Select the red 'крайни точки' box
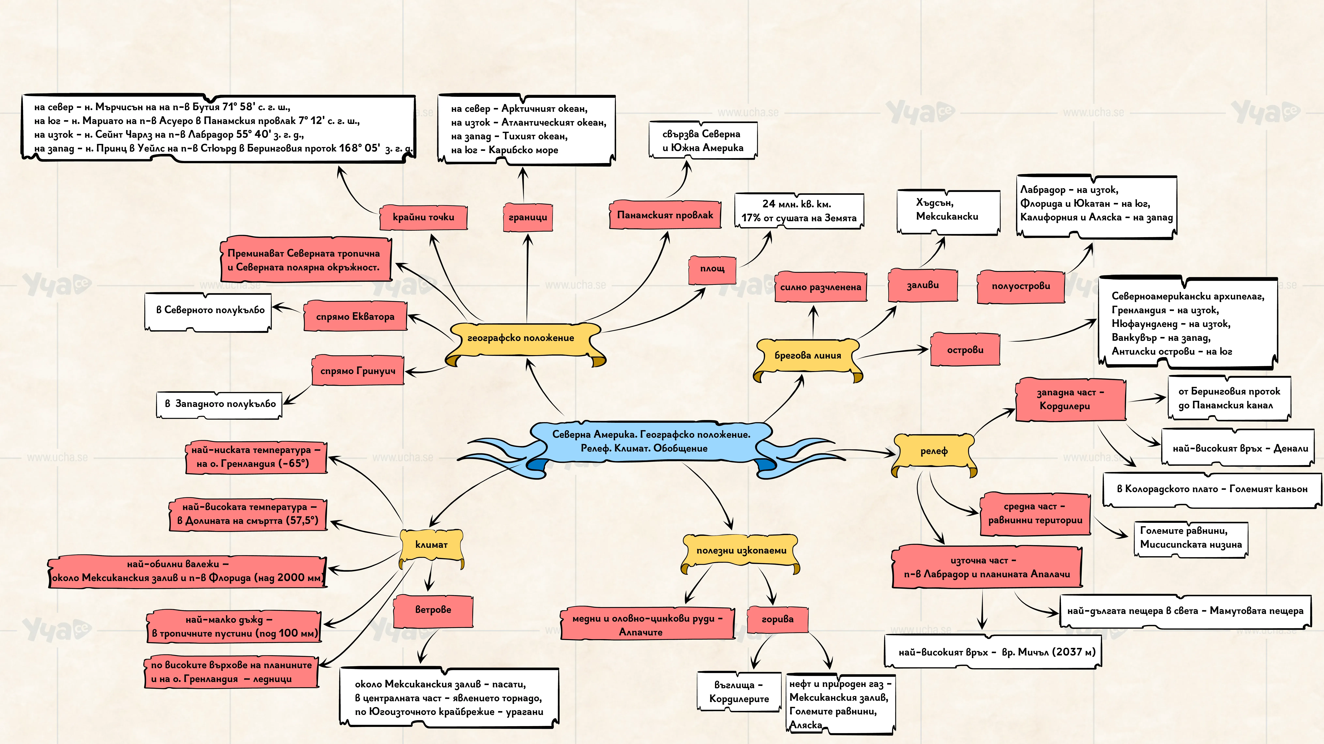[x=423, y=217]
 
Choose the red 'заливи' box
[x=923, y=285]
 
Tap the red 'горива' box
[x=778, y=619]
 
